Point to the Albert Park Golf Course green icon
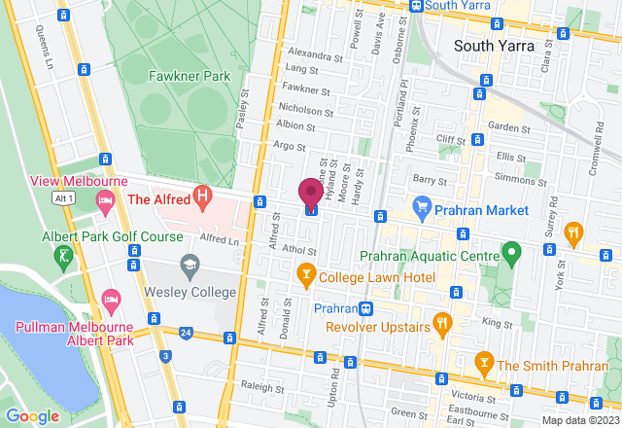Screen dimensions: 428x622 tap(64, 256)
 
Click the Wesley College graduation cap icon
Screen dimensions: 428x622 tap(190, 265)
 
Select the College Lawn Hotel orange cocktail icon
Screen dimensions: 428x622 tap(306, 274)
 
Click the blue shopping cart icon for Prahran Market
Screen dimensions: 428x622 tap(422, 206)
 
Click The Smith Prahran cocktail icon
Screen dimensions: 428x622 tap(483, 364)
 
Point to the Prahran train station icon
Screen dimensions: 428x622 tap(365, 309)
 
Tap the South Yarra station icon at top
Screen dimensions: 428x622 tap(416, 5)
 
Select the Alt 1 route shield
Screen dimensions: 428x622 tap(64, 197)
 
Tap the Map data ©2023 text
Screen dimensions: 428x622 tap(578, 420)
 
